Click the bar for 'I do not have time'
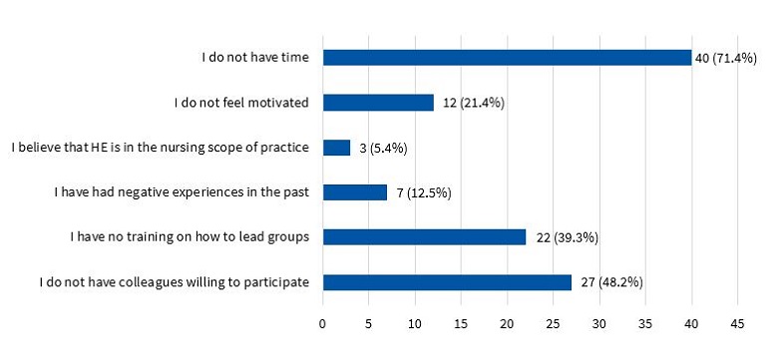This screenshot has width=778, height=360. pyautogui.click(x=507, y=57)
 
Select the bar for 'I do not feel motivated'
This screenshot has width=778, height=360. pyautogui.click(x=378, y=102)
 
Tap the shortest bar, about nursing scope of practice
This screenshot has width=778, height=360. pyautogui.click(x=336, y=148)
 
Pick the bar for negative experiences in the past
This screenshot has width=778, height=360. pyautogui.click(x=355, y=192)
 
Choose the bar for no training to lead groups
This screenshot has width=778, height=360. pyautogui.click(x=424, y=237)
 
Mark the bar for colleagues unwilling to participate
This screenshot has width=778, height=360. pyautogui.click(x=447, y=282)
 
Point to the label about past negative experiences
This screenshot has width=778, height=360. pyautogui.click(x=182, y=192)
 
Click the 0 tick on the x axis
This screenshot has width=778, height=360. pyautogui.click(x=323, y=324)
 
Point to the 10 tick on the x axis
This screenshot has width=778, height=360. pyautogui.click(x=415, y=324)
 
